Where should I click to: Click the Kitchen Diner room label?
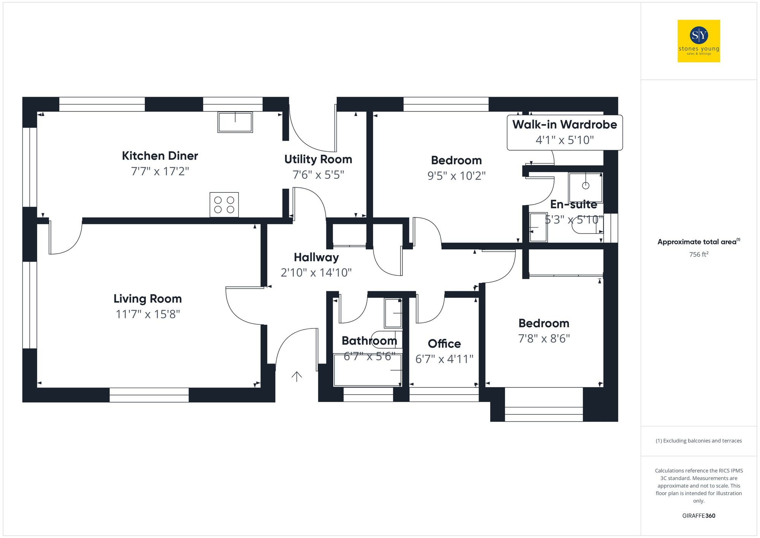[160, 156]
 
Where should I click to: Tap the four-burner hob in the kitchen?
[224, 205]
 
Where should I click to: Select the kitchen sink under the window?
[235, 122]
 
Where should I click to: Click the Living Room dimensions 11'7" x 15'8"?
[148, 314]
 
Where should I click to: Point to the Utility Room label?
[318, 159]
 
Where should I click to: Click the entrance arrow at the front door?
[296, 376]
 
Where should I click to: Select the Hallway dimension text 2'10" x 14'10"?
[316, 273]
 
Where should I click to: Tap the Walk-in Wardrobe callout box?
[565, 132]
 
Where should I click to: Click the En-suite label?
[573, 205]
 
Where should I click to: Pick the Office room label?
[444, 344]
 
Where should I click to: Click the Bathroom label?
[369, 341]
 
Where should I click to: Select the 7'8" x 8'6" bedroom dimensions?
[544, 338]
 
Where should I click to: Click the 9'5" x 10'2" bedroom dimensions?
[456, 176]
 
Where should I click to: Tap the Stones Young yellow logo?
[699, 41]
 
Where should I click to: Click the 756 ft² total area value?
[698, 254]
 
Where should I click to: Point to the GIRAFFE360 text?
[698, 516]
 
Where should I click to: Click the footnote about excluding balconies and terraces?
[698, 441]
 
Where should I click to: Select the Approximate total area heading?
[698, 242]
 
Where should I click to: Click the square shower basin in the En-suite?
[585, 187]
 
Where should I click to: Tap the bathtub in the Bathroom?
[367, 370]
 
